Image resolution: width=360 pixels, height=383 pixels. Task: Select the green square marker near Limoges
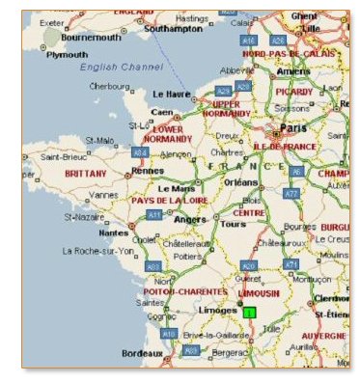[x=250, y=313]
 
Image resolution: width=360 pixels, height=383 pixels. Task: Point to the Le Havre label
[x=173, y=94]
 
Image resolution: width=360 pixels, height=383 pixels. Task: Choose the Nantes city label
[x=114, y=233]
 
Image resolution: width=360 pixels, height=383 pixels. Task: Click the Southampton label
[x=171, y=28]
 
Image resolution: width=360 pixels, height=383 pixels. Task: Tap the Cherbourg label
[x=109, y=86]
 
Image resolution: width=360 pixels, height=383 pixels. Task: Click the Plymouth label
[x=68, y=55]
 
